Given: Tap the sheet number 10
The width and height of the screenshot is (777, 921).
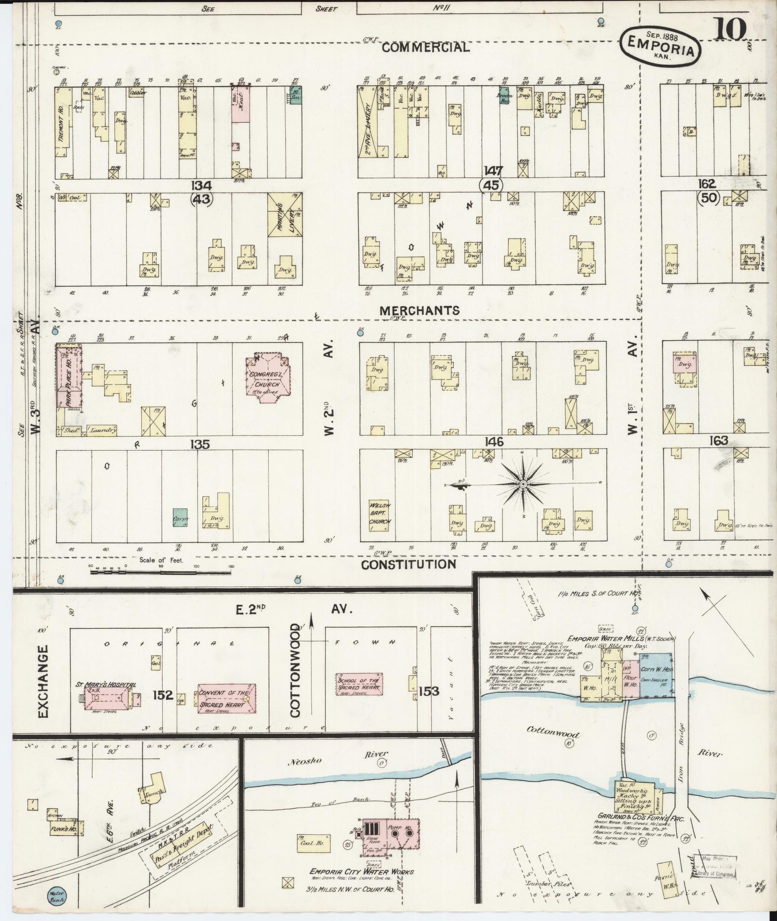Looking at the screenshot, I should tap(731, 30).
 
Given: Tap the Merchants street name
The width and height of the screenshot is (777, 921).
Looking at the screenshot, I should tap(420, 311).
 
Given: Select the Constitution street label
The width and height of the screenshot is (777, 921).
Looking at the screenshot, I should tap(408, 564).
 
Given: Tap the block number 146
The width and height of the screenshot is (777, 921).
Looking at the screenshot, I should tap(494, 441).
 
